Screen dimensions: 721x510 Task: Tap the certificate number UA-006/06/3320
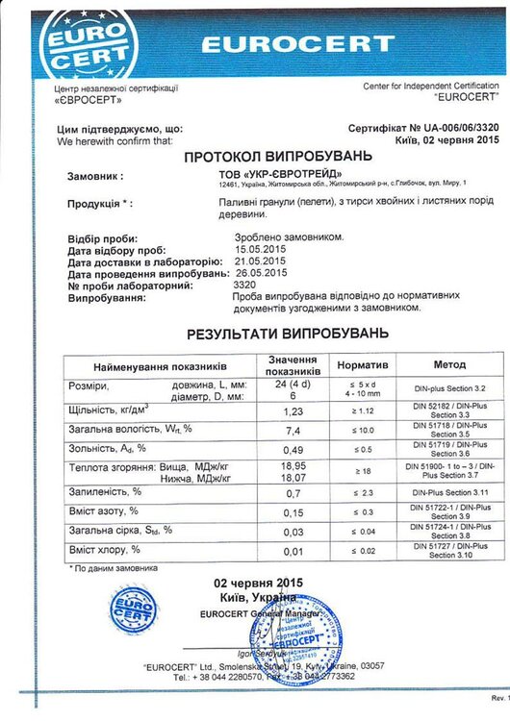click(451, 127)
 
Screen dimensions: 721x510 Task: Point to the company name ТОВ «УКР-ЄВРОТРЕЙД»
click(272, 174)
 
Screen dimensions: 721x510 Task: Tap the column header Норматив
click(362, 366)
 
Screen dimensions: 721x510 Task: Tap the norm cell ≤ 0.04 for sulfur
click(362, 531)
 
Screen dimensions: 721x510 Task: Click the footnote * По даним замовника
click(109, 568)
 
